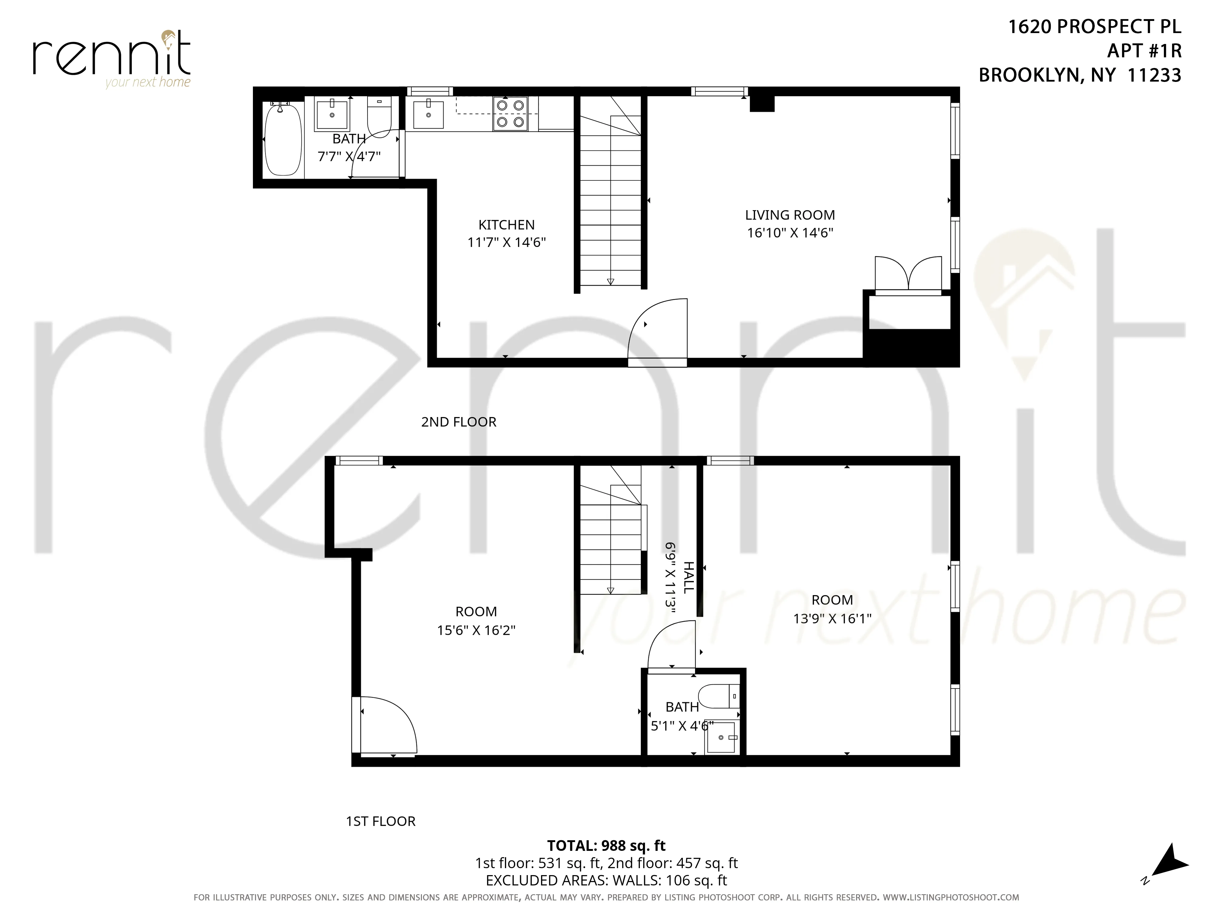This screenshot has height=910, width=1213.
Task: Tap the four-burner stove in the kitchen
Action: (x=510, y=113)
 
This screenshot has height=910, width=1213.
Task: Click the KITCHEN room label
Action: (x=506, y=225)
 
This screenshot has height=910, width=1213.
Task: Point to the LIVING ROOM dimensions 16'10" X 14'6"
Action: (x=790, y=233)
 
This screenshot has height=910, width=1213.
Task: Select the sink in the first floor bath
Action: (x=721, y=737)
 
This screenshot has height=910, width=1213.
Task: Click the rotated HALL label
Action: (x=688, y=577)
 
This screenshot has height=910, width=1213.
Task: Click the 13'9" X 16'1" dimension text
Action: (x=832, y=619)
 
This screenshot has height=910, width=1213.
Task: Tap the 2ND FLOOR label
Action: (x=459, y=422)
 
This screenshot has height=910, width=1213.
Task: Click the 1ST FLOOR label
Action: (x=381, y=821)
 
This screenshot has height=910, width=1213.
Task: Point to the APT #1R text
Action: (x=1144, y=50)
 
